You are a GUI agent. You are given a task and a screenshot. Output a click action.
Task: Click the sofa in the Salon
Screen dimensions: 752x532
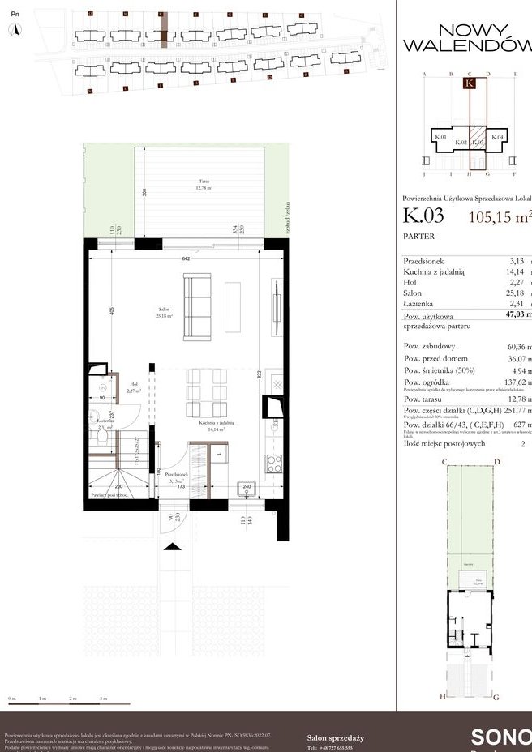[197, 306]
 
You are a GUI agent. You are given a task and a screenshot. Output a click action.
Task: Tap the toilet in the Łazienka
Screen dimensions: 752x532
[103, 437]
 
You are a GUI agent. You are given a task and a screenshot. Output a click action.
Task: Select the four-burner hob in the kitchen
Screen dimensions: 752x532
[275, 463]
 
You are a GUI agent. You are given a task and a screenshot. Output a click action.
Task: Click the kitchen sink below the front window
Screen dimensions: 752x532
[247, 489]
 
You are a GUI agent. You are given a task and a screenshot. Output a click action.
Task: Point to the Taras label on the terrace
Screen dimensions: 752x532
[202, 183]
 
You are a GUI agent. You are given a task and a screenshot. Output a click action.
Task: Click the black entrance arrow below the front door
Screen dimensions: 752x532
[173, 547]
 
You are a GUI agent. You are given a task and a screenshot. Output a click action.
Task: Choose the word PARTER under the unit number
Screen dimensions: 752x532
[418, 237]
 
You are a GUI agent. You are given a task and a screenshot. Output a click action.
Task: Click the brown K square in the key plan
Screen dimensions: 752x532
[470, 82]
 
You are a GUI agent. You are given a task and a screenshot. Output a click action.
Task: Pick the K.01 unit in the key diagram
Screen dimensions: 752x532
[440, 138]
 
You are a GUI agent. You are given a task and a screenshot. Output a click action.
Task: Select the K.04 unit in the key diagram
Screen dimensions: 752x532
[497, 138]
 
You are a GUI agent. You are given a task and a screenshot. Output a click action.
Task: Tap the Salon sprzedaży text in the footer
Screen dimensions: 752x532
[335, 737]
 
